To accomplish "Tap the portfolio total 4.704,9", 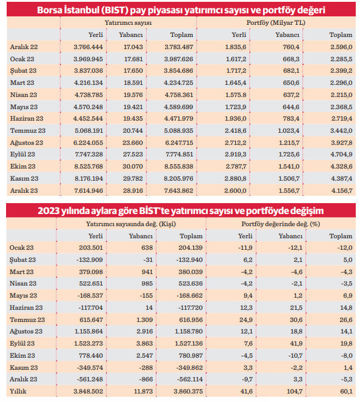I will click(338, 154).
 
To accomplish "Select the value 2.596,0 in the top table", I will click(338, 47).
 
